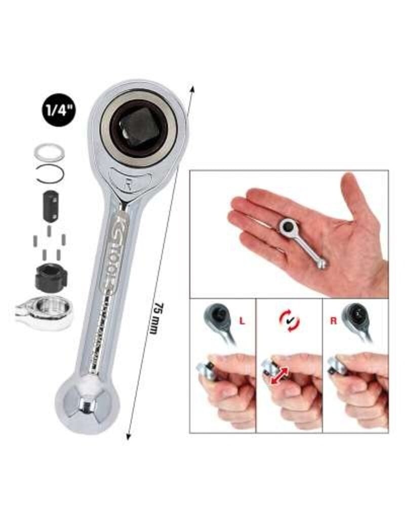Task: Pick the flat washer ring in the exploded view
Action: pyautogui.click(x=49, y=153)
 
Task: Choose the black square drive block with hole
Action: pyautogui.click(x=50, y=205)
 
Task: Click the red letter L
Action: pyautogui.click(x=244, y=320)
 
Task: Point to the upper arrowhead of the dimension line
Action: pyautogui.click(x=192, y=90)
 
